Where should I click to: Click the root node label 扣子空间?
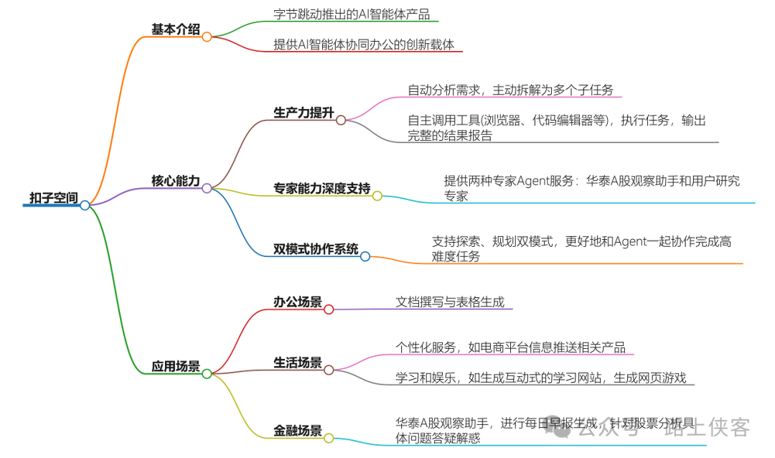click(x=53, y=197)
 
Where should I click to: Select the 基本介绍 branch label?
click(x=175, y=29)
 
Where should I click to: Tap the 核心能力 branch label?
click(x=175, y=181)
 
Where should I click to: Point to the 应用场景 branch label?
click(x=175, y=366)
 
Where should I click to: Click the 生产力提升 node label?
click(x=304, y=113)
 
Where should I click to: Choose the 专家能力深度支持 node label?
click(x=321, y=189)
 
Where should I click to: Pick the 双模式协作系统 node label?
click(x=316, y=249)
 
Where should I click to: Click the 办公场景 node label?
click(x=297, y=302)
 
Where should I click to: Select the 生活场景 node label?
click(x=297, y=363)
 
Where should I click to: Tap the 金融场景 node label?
click(x=297, y=431)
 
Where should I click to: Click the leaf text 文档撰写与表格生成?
click(x=450, y=302)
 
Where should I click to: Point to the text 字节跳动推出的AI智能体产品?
click(x=352, y=14)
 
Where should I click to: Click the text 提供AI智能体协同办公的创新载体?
click(x=364, y=45)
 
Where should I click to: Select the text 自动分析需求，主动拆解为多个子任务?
click(x=510, y=90)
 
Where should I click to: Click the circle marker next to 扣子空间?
click(x=85, y=205)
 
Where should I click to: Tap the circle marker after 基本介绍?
click(x=207, y=37)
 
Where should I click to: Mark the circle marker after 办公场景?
click(x=329, y=309)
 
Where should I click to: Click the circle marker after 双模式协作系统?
click(x=365, y=256)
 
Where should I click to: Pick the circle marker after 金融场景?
click(x=329, y=438)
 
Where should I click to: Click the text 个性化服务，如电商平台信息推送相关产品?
click(x=510, y=347)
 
